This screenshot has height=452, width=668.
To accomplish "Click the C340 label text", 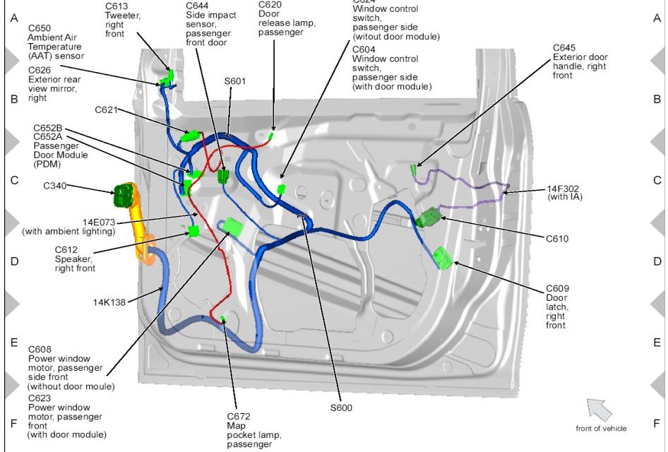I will (55, 186).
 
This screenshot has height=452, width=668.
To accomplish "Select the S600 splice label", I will (340, 408).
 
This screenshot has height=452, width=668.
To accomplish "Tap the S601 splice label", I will (235, 81).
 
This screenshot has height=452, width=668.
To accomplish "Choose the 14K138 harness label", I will (109, 302).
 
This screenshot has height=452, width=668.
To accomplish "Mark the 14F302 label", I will (564, 189).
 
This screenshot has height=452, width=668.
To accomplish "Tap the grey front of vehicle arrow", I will (599, 409).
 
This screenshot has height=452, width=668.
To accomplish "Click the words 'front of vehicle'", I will (601, 428).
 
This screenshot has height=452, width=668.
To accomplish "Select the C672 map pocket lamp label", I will (239, 416).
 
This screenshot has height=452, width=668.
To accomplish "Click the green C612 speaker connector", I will (193, 231).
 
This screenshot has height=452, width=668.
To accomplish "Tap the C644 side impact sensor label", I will (198, 6).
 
